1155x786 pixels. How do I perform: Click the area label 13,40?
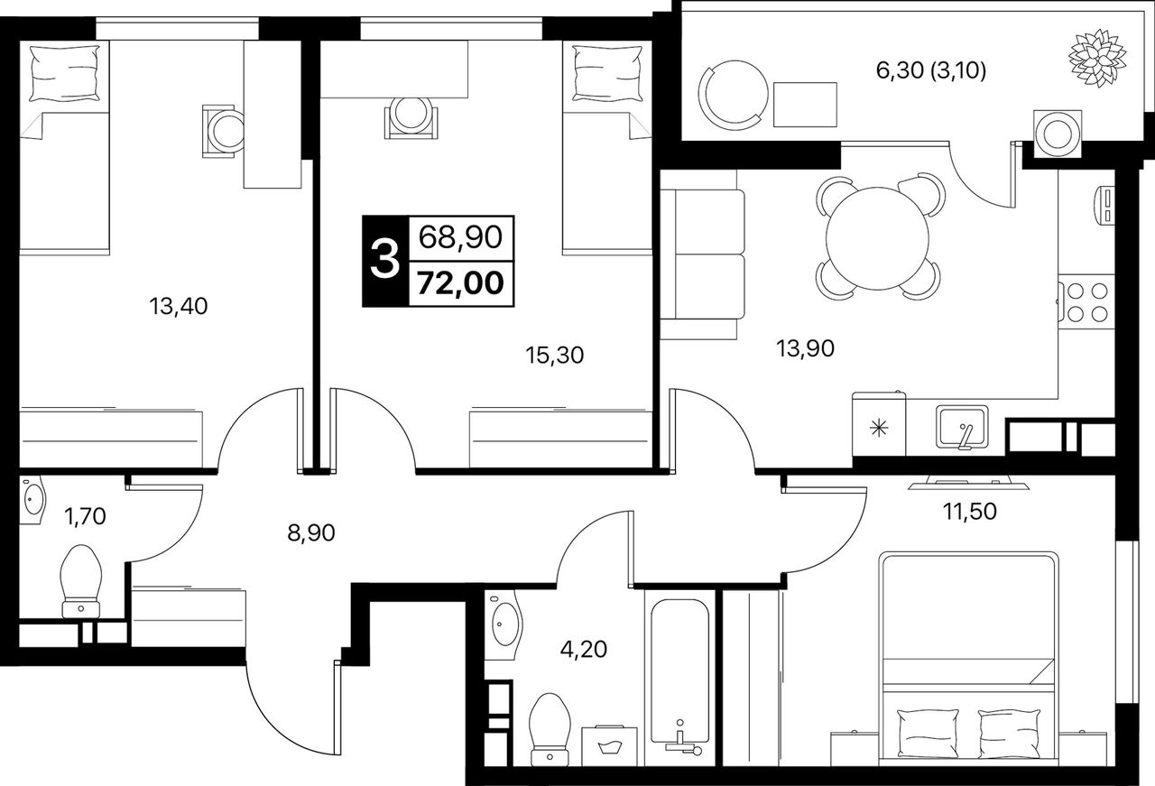(x=179, y=306)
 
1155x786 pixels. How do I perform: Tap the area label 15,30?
(x=555, y=356)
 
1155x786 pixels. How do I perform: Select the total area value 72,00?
(x=460, y=283)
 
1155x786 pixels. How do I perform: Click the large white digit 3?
(x=385, y=261)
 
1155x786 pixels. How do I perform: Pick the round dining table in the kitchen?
(x=877, y=237)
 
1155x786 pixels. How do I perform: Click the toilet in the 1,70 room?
(x=80, y=581)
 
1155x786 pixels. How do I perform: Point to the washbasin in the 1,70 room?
(x=32, y=499)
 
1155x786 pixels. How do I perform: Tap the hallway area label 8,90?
(x=311, y=532)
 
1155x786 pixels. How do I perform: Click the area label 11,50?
(x=970, y=513)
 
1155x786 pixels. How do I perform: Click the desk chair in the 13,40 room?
(x=223, y=131)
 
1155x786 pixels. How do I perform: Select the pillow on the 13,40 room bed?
(x=64, y=74)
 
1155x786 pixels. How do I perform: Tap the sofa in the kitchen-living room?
(x=702, y=254)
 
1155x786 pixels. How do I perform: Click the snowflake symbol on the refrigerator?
(x=878, y=428)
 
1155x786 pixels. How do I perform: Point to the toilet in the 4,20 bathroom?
(x=550, y=729)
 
